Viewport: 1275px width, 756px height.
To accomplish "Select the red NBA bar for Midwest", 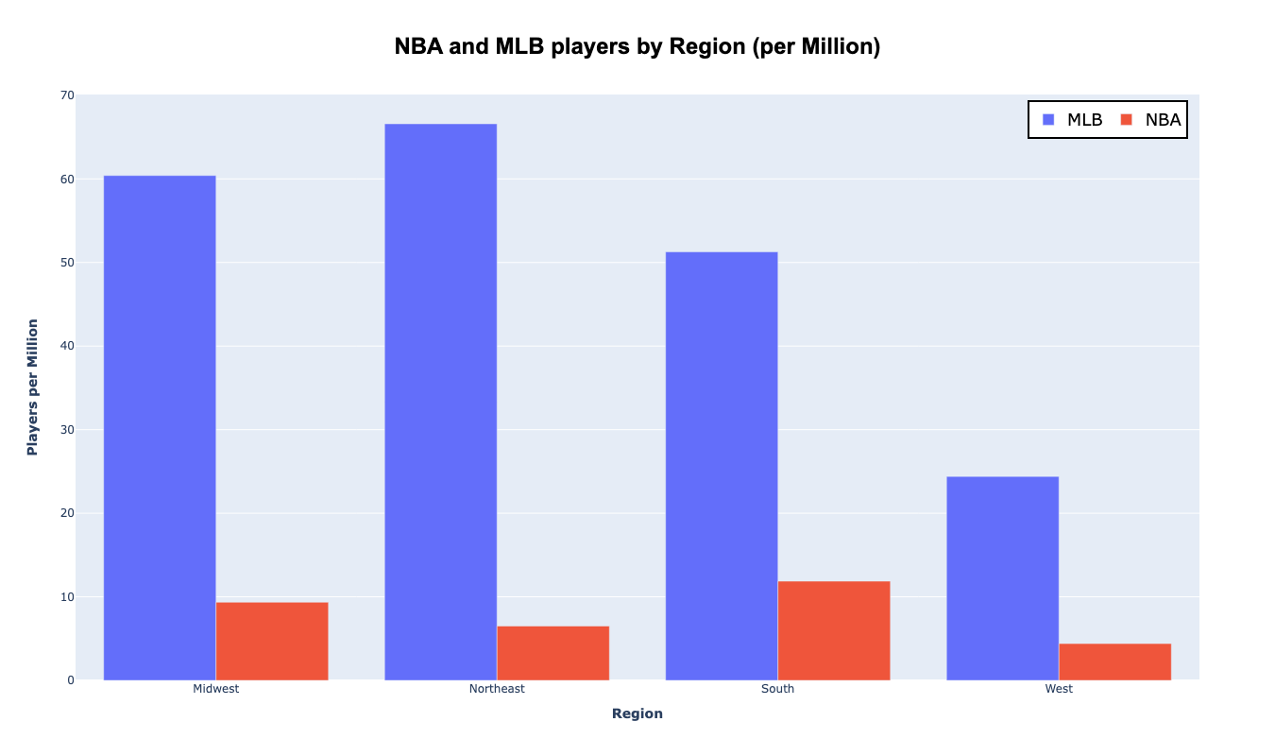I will pos(272,641).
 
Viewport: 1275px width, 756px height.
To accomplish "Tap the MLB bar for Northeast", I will pos(440,402).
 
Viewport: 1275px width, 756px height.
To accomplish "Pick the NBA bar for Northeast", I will pos(552,653).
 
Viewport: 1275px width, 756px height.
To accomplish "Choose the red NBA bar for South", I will pos(834,630).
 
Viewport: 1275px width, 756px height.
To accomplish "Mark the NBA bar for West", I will pos(1114,661).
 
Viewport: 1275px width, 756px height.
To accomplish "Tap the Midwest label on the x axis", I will pos(216,689).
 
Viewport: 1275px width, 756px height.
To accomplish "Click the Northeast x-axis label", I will pos(497,689).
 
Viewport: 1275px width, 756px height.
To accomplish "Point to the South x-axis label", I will pos(777,689).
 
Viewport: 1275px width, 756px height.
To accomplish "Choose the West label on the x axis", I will pos(1059,689).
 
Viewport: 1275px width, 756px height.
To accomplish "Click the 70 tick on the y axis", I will pos(66,95).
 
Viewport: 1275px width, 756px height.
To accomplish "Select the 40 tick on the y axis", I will pos(66,346).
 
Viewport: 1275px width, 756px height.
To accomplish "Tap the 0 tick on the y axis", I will pos(70,680).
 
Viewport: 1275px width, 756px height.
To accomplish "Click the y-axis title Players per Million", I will pos(33,387).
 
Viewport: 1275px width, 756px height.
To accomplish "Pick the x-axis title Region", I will pos(637,713).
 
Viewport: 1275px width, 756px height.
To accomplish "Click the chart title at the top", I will pos(637,46).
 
